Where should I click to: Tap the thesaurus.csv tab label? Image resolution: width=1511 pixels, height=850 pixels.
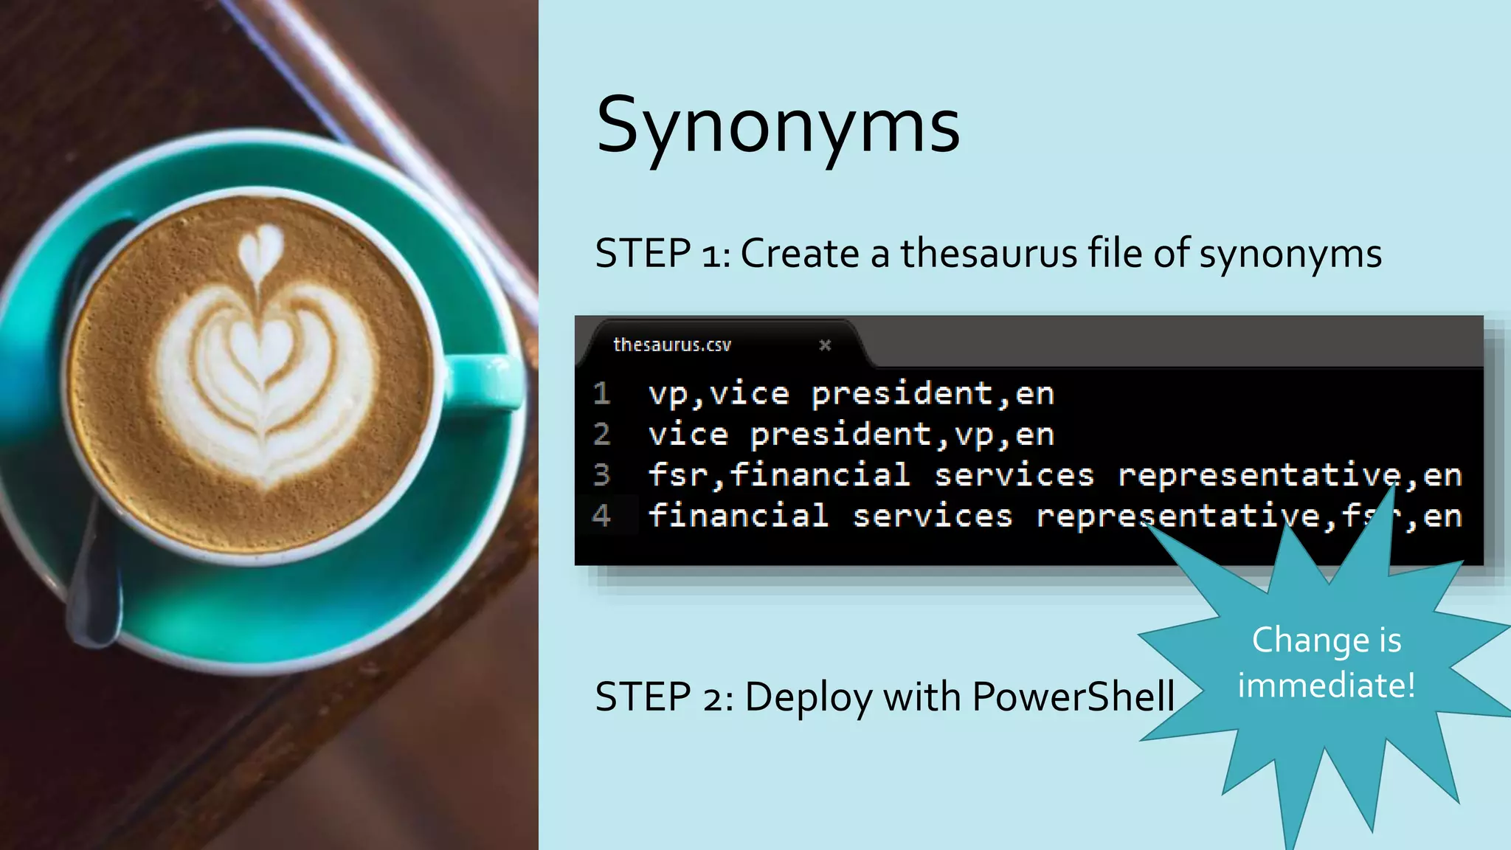coord(671,345)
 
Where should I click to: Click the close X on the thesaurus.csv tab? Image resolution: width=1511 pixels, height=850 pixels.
coord(825,345)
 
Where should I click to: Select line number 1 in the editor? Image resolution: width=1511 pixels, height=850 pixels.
coord(602,393)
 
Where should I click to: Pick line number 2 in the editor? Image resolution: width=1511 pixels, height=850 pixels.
coord(602,434)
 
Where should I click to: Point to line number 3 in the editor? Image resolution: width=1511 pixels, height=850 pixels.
coord(602,474)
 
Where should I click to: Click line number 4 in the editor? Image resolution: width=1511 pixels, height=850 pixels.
coord(602,515)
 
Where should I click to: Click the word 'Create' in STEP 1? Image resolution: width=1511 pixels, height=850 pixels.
coord(800,253)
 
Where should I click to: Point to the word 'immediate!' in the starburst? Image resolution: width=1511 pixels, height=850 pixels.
coord(1327,685)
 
